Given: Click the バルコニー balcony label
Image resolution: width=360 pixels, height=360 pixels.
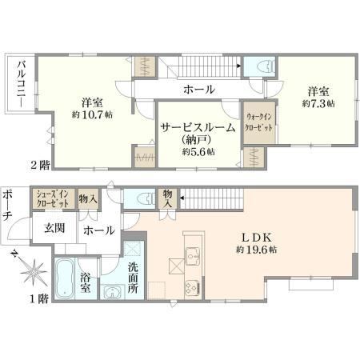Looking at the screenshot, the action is (22, 84).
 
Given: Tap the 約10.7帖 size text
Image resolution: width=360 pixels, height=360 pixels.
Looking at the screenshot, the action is (92, 115).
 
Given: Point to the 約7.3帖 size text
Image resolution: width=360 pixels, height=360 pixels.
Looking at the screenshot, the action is (318, 103).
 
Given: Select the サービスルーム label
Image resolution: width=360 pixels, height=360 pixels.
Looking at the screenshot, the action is (198, 128).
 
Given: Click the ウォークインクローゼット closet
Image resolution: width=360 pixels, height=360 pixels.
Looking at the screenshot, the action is (259, 122).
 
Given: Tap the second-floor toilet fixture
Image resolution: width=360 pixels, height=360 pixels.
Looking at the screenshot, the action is (267, 66).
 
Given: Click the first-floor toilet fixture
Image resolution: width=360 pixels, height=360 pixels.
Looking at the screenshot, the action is (146, 198).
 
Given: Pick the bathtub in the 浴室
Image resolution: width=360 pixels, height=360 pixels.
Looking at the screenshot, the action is (65, 278).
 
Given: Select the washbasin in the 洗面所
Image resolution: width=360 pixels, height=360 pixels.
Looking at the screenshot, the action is (112, 292).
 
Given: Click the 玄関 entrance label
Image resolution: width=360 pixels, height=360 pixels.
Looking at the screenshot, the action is (54, 228).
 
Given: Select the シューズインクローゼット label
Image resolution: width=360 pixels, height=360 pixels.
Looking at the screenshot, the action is (53, 198).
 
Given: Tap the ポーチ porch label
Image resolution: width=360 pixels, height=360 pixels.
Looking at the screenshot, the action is (6, 206).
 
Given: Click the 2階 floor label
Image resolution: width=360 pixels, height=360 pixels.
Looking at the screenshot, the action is (40, 166).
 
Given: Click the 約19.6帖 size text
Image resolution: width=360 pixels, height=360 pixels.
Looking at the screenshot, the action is (256, 250).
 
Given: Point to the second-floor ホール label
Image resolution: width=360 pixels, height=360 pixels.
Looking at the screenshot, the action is (199, 90).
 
